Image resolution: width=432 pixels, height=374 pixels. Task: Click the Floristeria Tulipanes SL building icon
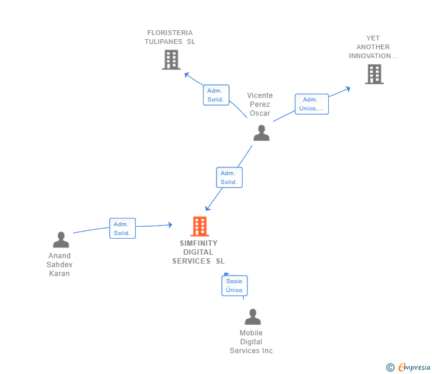click(171, 59)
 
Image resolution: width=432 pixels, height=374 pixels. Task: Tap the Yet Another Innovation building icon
click(374, 74)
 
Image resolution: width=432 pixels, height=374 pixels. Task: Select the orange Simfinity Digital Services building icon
click(199, 226)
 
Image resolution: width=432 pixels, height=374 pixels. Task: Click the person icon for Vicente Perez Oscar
click(261, 133)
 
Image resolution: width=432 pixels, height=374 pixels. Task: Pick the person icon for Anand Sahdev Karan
click(61, 240)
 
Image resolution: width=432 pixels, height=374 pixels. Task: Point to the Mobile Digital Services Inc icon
click(252, 317)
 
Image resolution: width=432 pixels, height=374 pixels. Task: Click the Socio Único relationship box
click(234, 286)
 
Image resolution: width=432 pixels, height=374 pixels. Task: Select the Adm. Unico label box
click(312, 104)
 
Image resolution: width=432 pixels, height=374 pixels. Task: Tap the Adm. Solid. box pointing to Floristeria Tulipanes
click(215, 95)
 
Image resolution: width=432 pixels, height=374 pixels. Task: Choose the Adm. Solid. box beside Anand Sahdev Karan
click(122, 229)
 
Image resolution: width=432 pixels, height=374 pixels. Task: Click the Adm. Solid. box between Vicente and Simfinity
click(229, 178)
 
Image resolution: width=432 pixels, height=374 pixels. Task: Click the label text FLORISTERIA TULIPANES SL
click(170, 37)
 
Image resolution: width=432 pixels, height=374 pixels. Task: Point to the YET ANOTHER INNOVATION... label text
click(373, 47)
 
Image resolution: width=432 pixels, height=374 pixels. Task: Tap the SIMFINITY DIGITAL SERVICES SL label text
click(199, 252)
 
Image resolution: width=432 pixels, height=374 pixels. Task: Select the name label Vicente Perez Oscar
click(260, 104)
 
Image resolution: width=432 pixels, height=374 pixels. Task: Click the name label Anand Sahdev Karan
click(59, 265)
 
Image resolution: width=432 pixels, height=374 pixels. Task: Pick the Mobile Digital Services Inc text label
click(251, 342)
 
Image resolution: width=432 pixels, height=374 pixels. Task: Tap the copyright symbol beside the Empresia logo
click(390, 367)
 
